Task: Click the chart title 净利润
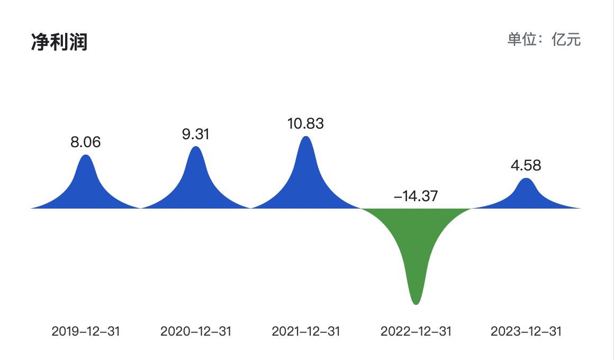point(59,41)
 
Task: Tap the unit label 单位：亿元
point(544,39)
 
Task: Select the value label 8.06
point(85,142)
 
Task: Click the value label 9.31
point(196,134)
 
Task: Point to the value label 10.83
point(305,123)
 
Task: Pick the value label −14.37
point(416,196)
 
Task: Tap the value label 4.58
point(526,165)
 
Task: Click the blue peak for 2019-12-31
point(86,185)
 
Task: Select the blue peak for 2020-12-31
point(196,180)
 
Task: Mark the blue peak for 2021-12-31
point(306,175)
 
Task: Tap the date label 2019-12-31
point(86,331)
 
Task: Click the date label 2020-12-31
point(196,331)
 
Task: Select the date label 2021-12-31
point(306,331)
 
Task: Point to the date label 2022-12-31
point(416,331)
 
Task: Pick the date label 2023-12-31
point(526,331)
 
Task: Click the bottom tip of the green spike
point(416,302)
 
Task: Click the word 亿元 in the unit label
point(566,39)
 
